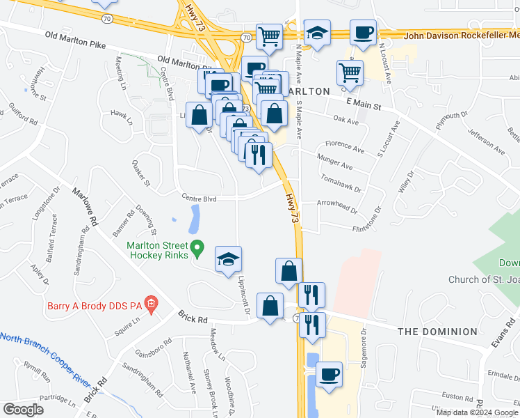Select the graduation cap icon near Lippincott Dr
coord(228,260)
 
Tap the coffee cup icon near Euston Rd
coord(330,375)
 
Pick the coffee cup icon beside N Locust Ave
coord(363,31)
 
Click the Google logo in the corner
coord(24,410)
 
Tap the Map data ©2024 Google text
coord(476,412)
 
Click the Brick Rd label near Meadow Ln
coord(193,318)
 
